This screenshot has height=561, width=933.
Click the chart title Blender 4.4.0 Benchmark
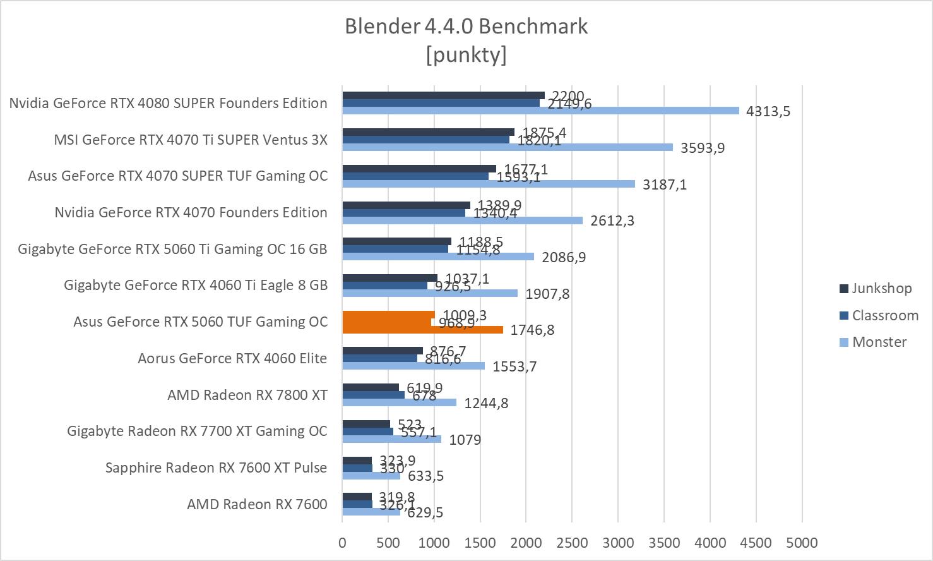click(466, 27)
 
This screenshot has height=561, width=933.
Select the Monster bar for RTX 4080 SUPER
click(540, 111)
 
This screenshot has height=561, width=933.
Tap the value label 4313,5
click(768, 111)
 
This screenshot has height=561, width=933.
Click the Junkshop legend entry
click(881, 288)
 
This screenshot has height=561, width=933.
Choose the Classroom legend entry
click(884, 315)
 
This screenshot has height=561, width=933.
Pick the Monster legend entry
click(879, 342)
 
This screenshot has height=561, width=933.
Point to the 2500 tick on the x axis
click(571, 543)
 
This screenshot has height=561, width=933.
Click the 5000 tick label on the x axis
click(802, 543)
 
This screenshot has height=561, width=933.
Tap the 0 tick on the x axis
click(342, 543)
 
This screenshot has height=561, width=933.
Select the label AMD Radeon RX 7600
click(257, 504)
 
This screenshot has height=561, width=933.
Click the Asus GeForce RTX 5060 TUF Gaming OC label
click(200, 322)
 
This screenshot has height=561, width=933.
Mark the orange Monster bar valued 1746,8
click(422, 329)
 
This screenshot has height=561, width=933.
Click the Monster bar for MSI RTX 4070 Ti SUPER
click(508, 147)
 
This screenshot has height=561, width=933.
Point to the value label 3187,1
click(664, 184)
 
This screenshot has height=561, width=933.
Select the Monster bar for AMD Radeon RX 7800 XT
click(399, 402)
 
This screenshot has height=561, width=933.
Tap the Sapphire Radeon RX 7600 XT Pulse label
click(216, 468)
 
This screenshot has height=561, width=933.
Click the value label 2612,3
click(612, 220)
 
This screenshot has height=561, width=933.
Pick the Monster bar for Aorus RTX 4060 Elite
click(413, 366)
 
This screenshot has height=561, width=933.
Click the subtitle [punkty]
click(466, 55)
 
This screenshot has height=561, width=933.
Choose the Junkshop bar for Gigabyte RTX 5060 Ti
click(396, 241)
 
